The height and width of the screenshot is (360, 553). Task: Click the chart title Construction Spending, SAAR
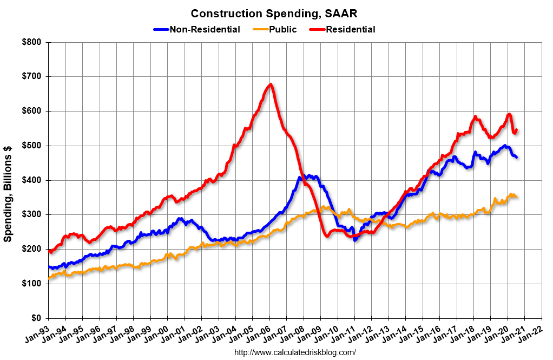[x=274, y=13]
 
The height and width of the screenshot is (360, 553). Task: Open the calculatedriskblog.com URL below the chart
[x=295, y=352]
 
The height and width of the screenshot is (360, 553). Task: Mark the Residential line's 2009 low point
[x=327, y=236]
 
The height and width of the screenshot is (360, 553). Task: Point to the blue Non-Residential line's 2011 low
[x=355, y=239]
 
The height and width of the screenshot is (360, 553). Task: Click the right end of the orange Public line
[x=516, y=197]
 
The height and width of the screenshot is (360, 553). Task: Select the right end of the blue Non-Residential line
[x=517, y=158]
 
